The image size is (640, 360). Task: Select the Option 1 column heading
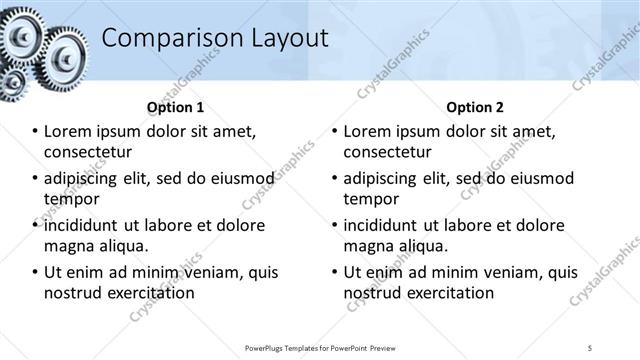click(x=175, y=107)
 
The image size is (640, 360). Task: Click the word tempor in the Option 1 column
click(x=71, y=199)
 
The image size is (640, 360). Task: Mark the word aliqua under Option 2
click(x=424, y=246)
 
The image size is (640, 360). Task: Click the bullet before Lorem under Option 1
click(x=35, y=132)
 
